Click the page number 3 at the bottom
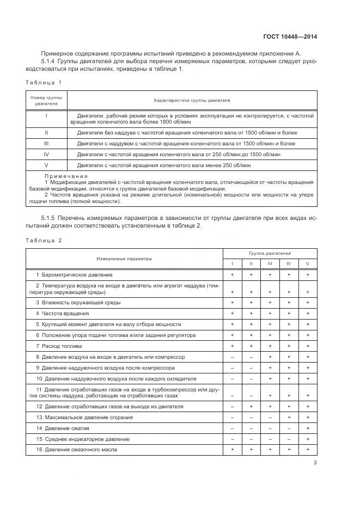coord(315,463)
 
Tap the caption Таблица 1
coord(44,82)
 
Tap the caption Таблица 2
coord(44,240)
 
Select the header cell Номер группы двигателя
coord(46,100)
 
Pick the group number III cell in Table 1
coord(46,144)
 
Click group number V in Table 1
coord(46,164)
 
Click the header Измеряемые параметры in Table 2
coord(124,259)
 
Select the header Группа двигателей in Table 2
coord(270,254)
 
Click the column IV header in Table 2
coord(289,264)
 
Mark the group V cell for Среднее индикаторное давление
coord(308,439)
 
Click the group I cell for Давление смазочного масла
coord(233,450)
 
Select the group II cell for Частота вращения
coord(251,313)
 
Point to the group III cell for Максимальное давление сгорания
coord(270,417)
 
